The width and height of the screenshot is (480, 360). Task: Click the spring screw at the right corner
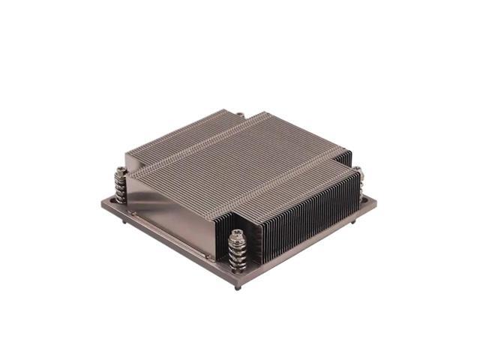358,180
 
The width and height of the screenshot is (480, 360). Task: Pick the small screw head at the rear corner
239,115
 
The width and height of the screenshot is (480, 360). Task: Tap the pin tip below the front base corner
238,287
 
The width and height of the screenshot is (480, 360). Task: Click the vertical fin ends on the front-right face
307,217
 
